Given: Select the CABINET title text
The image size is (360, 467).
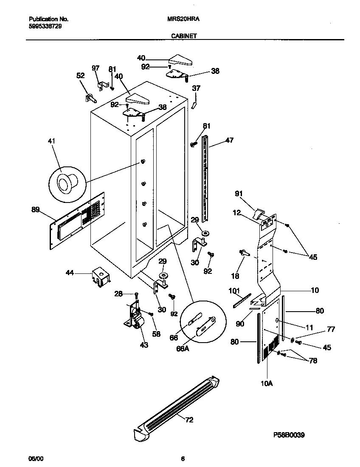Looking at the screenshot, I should click(183, 37).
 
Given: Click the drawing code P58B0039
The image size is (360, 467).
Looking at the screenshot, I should click(289, 435).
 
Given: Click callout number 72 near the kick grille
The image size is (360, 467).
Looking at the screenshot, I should click(189, 420).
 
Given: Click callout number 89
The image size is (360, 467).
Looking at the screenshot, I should click(36, 209).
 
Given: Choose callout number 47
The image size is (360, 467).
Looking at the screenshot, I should click(229, 140).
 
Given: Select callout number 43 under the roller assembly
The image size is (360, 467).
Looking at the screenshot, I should click(144, 345).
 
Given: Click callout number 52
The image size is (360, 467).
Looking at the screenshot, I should click(80, 76).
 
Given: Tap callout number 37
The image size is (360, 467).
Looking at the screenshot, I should click(196, 88).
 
